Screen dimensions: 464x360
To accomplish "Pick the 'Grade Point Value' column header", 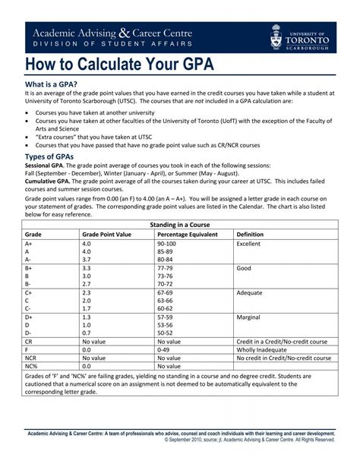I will click(x=106, y=235).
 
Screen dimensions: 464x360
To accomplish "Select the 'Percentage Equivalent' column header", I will click(x=187, y=235).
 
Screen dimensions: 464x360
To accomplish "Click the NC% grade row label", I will click(x=31, y=365).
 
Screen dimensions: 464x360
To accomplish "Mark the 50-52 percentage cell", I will click(x=165, y=333).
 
